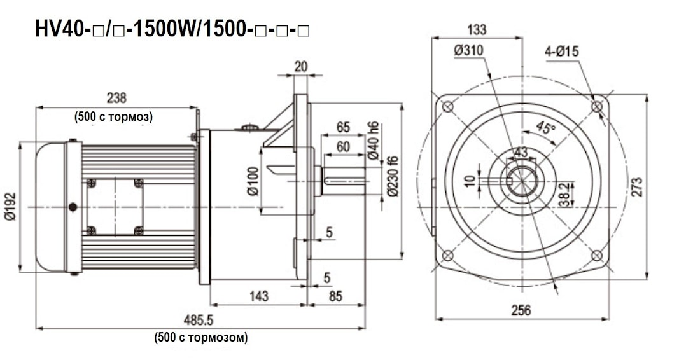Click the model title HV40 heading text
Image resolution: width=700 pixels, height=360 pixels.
(172, 31)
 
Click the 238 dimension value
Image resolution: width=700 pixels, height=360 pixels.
(116, 98)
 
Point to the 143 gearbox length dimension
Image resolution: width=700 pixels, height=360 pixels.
(258, 296)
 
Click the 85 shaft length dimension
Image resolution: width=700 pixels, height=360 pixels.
(336, 296)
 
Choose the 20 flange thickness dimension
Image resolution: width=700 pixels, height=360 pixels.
(301, 66)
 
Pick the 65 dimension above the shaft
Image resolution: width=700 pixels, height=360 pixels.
(344, 127)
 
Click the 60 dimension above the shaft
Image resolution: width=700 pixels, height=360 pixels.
(343, 147)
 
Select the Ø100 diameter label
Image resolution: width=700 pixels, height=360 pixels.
(253, 182)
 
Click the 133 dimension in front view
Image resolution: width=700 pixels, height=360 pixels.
(476, 29)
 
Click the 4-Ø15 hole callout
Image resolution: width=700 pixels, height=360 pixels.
(562, 52)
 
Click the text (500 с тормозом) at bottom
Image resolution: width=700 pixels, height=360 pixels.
(200, 338)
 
